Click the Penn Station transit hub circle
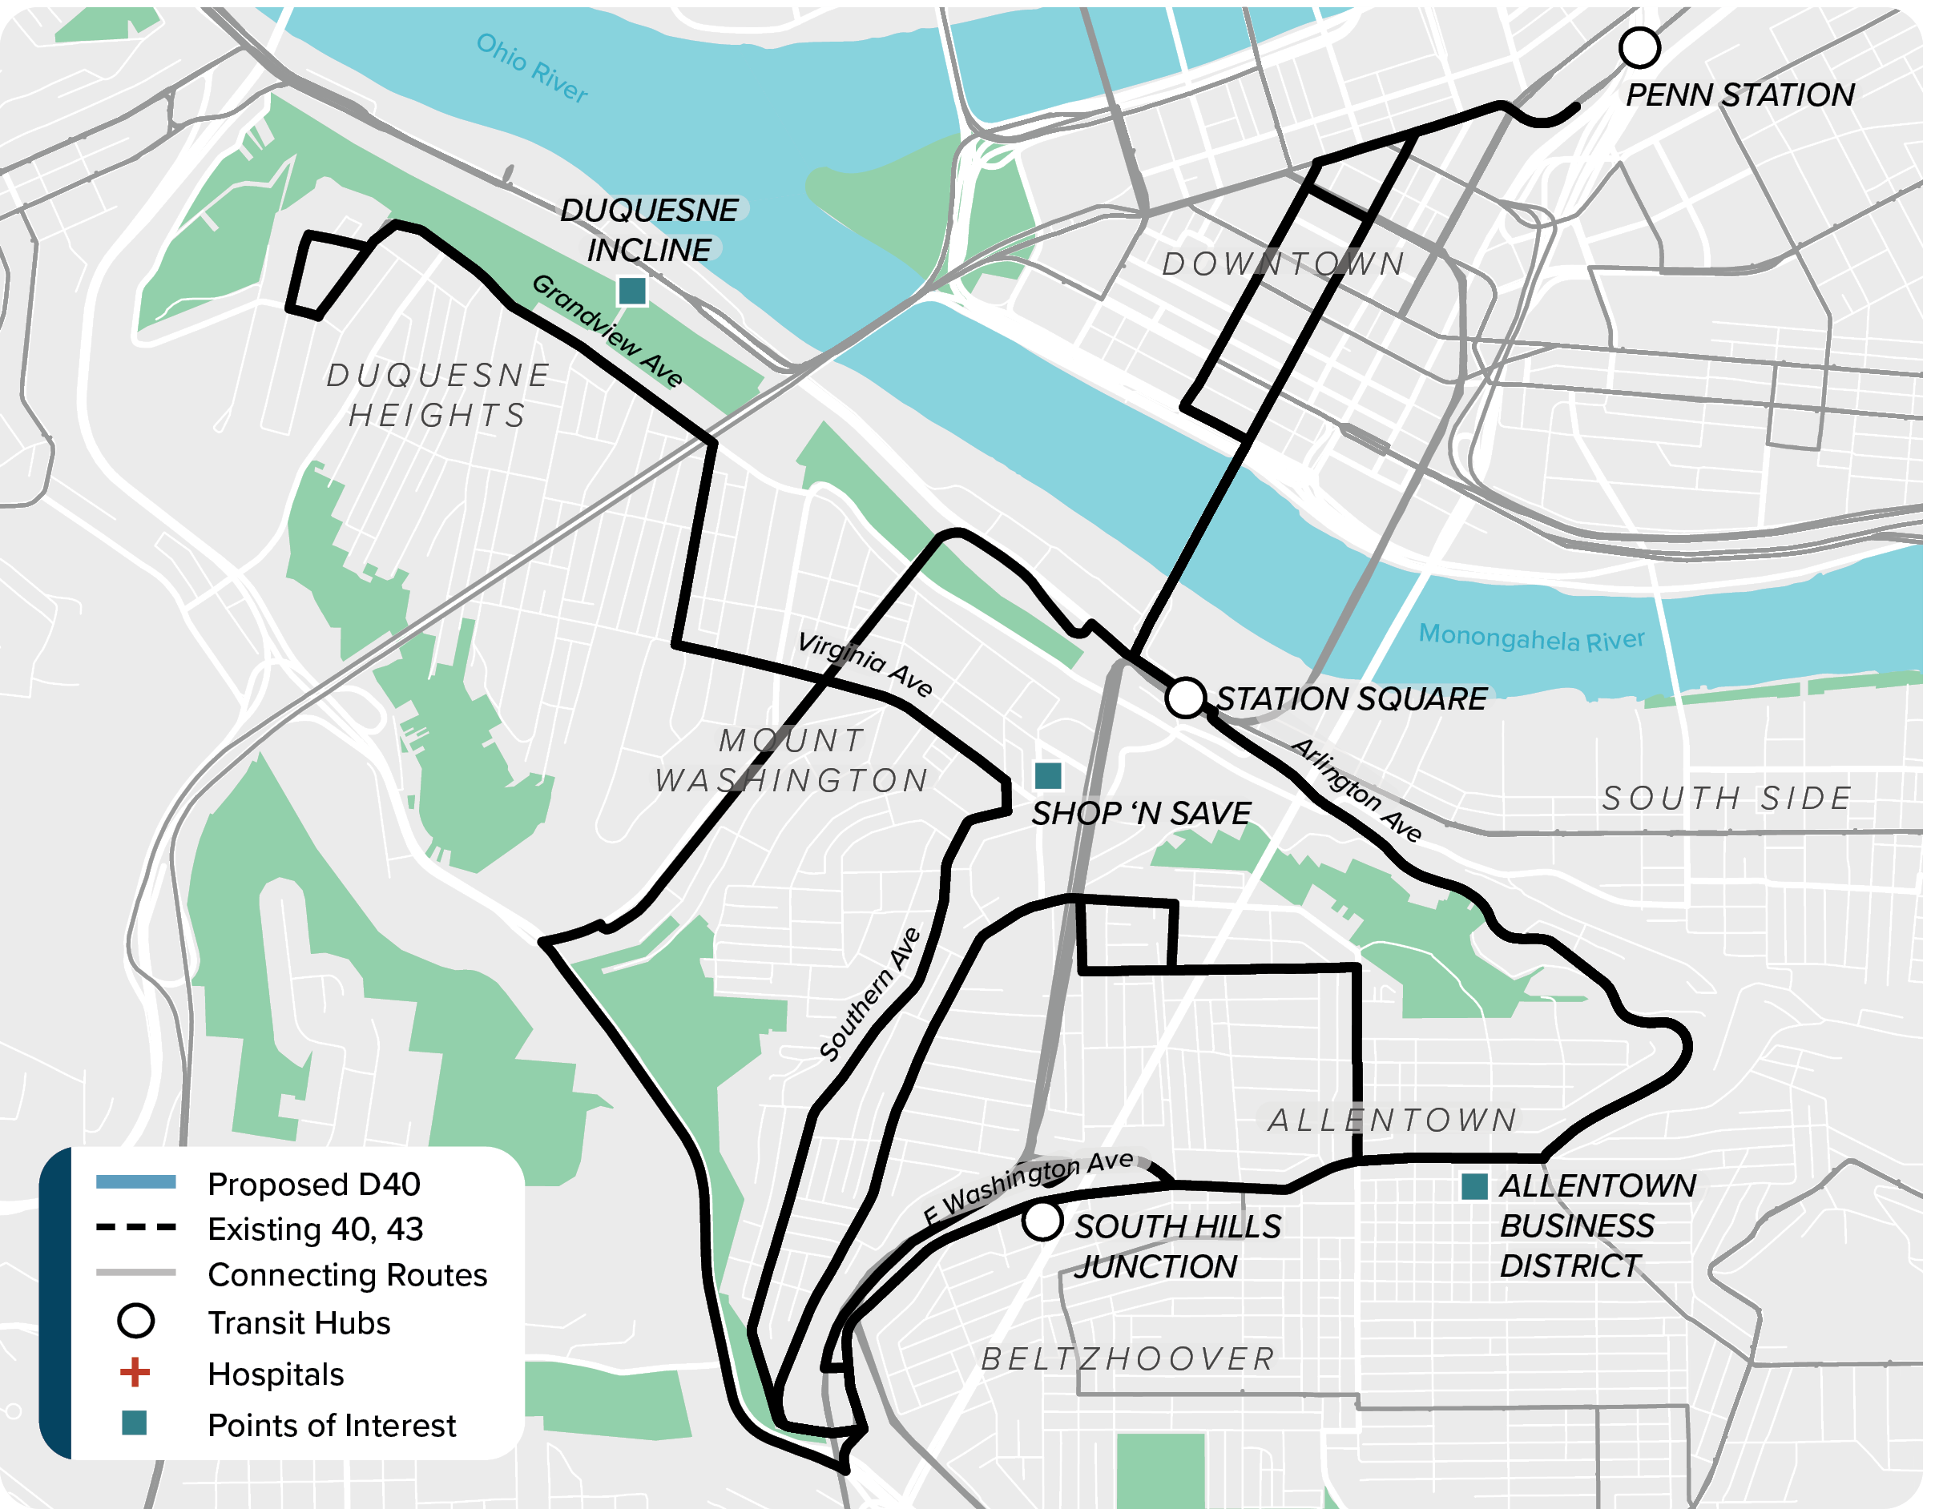pyautogui.click(x=1639, y=48)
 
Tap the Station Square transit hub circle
pyautogui.click(x=1186, y=698)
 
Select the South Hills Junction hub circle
pyautogui.click(x=1042, y=1221)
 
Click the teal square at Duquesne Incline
pyautogui.click(x=631, y=291)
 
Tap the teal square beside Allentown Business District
pyautogui.click(x=1473, y=1188)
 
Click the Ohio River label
pyautogui.click(x=531, y=68)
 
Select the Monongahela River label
pyautogui.click(x=1531, y=638)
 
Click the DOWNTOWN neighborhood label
pyautogui.click(x=1283, y=264)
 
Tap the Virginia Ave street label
pyautogui.click(x=865, y=665)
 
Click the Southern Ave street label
pyautogui.click(x=870, y=995)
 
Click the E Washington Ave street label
pyautogui.click(x=1028, y=1187)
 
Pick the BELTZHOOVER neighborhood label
pyautogui.click(x=1128, y=1358)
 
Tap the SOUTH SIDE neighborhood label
pyautogui.click(x=1727, y=799)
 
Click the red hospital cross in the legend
pyautogui.click(x=135, y=1373)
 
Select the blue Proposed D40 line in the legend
pyautogui.click(x=135, y=1182)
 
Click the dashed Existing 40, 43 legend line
pyautogui.click(x=135, y=1227)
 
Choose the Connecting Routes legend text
pyautogui.click(x=347, y=1274)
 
